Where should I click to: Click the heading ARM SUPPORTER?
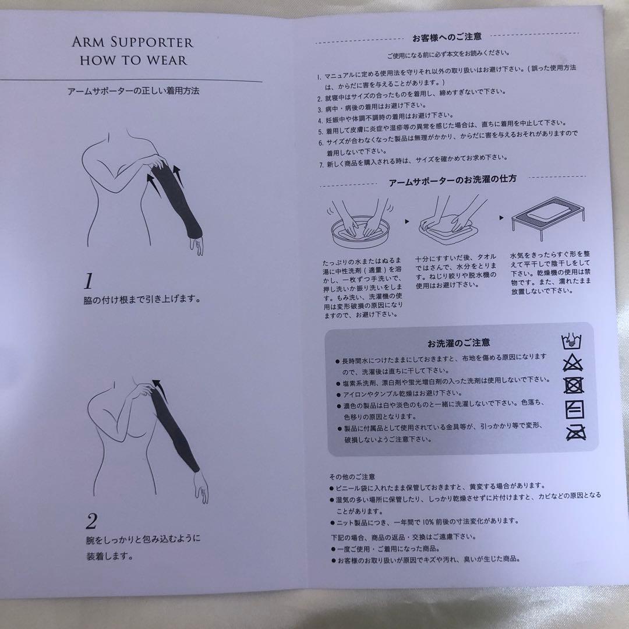coord(133,43)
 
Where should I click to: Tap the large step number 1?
coord(89,282)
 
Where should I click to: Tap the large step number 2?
coord(91,520)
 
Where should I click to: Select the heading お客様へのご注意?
coord(447,37)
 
